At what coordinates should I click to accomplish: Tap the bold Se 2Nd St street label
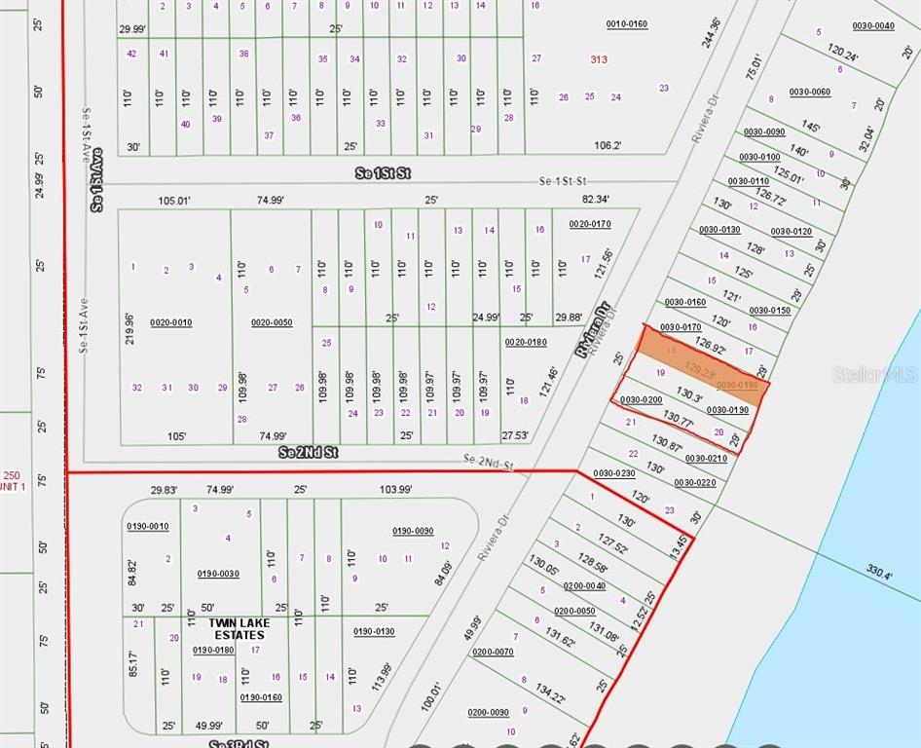308,453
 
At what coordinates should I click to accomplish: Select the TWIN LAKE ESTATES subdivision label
226,629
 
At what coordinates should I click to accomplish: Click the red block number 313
599,59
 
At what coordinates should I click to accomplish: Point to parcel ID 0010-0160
626,23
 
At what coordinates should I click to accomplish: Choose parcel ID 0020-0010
170,322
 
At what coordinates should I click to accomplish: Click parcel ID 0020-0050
272,322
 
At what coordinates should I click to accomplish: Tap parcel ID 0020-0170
590,224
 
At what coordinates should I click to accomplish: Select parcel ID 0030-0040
873,25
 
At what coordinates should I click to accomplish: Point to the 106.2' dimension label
608,146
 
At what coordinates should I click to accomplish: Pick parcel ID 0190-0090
413,531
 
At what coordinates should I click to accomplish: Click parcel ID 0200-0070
493,652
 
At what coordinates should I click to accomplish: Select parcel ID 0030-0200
641,399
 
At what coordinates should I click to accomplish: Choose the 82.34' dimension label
594,200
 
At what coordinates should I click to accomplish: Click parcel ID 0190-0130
373,631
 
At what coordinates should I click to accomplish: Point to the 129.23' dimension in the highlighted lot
702,369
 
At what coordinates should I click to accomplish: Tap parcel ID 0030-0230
613,473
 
